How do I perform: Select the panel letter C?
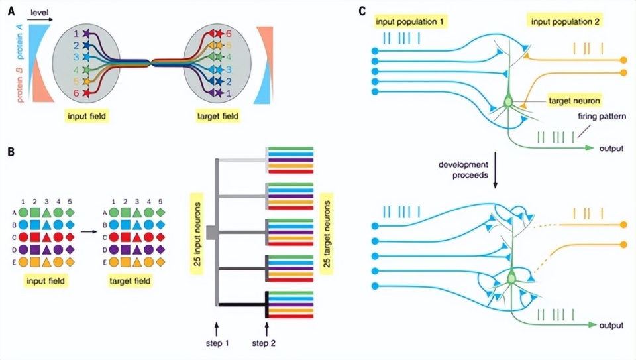point(361,11)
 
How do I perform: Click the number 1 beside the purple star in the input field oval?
point(76,33)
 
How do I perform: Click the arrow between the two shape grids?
point(87,233)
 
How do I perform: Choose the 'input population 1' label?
point(409,21)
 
